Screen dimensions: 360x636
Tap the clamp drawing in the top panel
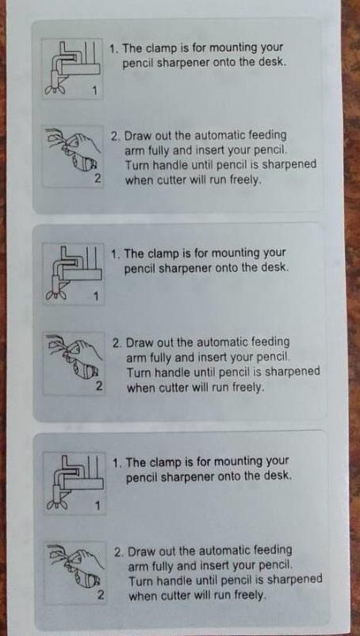click(x=73, y=68)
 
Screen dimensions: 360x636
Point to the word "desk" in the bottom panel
click(x=278, y=476)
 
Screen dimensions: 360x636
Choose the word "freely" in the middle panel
click(x=248, y=388)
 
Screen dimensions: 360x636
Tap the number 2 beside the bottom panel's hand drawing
click(x=101, y=596)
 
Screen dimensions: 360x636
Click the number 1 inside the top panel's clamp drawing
click(x=95, y=90)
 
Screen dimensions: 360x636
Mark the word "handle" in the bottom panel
click(x=169, y=580)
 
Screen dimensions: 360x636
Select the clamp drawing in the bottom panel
click(x=75, y=482)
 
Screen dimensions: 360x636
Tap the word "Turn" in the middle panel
click(x=138, y=373)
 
